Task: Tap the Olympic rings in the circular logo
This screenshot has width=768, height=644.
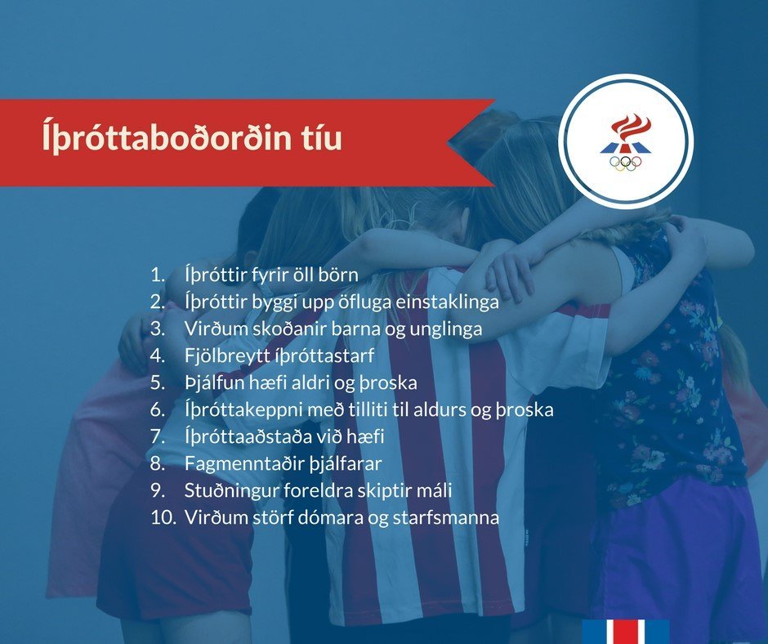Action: pos(625,163)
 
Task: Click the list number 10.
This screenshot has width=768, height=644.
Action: pos(160,517)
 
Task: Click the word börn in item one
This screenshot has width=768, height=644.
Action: pos(335,275)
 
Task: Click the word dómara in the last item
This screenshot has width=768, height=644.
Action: pos(315,517)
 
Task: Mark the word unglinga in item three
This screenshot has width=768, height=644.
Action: pos(448,329)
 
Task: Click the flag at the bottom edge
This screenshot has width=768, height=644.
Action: pos(626,631)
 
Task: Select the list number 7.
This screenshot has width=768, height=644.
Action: pos(157,436)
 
